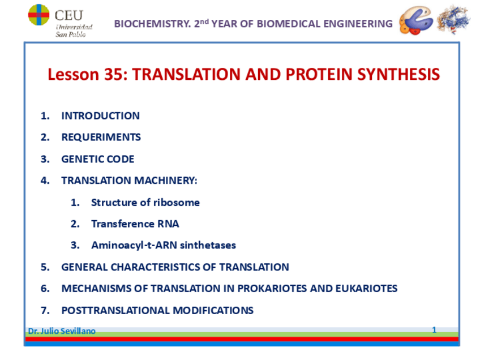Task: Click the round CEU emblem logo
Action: (38, 15)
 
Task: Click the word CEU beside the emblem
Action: (69, 15)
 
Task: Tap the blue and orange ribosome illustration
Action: (416, 20)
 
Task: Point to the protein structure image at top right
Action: (453, 19)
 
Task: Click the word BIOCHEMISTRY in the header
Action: (152, 24)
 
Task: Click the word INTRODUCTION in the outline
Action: (100, 115)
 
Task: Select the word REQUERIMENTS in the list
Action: (101, 137)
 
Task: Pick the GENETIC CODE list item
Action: (98, 159)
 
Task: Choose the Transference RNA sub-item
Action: (135, 224)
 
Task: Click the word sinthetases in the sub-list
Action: (208, 245)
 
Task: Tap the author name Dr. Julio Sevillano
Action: (62, 331)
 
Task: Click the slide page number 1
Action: (434, 329)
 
